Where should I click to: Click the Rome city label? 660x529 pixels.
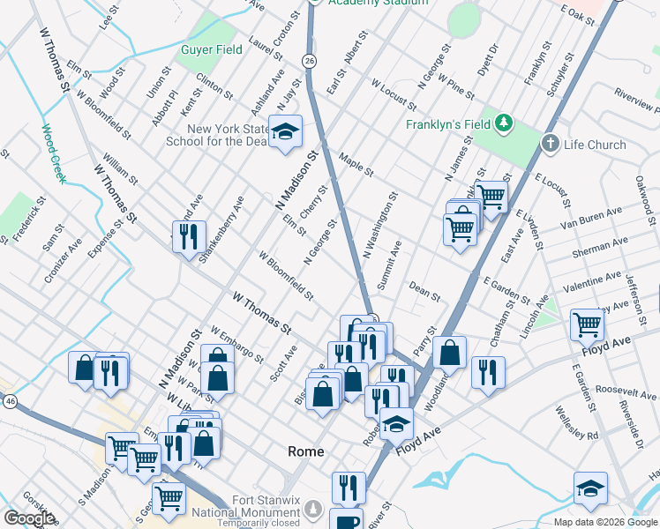pos(306,451)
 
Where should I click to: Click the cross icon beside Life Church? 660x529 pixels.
pos(550,144)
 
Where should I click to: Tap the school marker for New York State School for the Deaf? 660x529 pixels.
pos(285,132)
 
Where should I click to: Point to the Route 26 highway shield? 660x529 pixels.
pos(307,60)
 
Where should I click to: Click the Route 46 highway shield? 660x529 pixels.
pos(10,401)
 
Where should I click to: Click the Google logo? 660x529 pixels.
pos(29,518)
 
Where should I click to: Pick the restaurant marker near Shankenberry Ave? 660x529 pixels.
pos(189,236)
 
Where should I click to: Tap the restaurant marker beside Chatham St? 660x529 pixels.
pos(487,371)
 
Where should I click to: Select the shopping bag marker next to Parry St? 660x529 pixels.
pos(450,352)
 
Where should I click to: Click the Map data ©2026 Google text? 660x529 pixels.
pos(604,522)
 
